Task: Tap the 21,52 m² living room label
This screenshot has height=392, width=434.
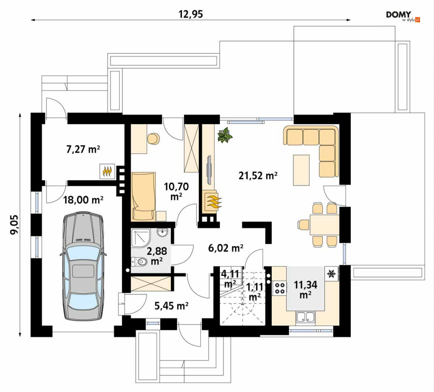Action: (258, 175)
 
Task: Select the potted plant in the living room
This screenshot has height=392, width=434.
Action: (225, 135)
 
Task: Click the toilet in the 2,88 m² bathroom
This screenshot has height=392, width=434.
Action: (139, 261)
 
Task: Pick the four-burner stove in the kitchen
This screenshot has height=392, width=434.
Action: (279, 288)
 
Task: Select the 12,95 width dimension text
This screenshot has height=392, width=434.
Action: (191, 14)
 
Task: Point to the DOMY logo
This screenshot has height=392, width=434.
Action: (403, 16)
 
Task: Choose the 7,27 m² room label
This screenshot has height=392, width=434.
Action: (83, 149)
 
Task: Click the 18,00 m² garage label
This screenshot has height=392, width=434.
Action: (83, 200)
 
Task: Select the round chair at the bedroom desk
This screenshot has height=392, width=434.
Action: (154, 139)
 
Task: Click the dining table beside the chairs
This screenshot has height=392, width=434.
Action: (325, 225)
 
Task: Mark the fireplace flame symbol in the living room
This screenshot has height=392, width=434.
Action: (213, 201)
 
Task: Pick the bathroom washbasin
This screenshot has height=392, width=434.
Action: (162, 233)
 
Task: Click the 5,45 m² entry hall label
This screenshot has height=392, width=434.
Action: (171, 306)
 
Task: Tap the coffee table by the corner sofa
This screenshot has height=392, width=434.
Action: (301, 170)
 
